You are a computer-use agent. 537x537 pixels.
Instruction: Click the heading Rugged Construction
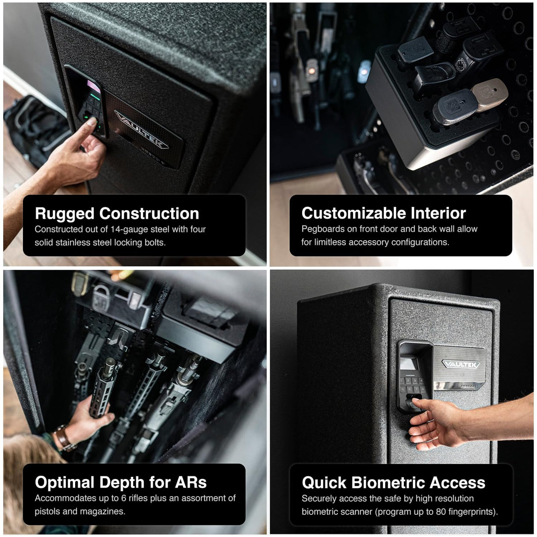click(x=117, y=214)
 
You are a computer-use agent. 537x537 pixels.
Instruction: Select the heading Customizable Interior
click(x=384, y=213)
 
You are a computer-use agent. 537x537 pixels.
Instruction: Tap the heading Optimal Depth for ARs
click(x=121, y=482)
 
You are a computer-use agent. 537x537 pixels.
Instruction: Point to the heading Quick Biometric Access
click(x=393, y=483)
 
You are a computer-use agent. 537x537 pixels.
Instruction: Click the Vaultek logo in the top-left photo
click(x=142, y=130)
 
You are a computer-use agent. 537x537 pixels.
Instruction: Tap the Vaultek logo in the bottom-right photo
click(x=460, y=364)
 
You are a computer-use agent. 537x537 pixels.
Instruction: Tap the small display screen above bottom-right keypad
click(x=408, y=364)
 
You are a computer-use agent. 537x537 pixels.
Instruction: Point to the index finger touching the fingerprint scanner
click(x=414, y=404)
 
